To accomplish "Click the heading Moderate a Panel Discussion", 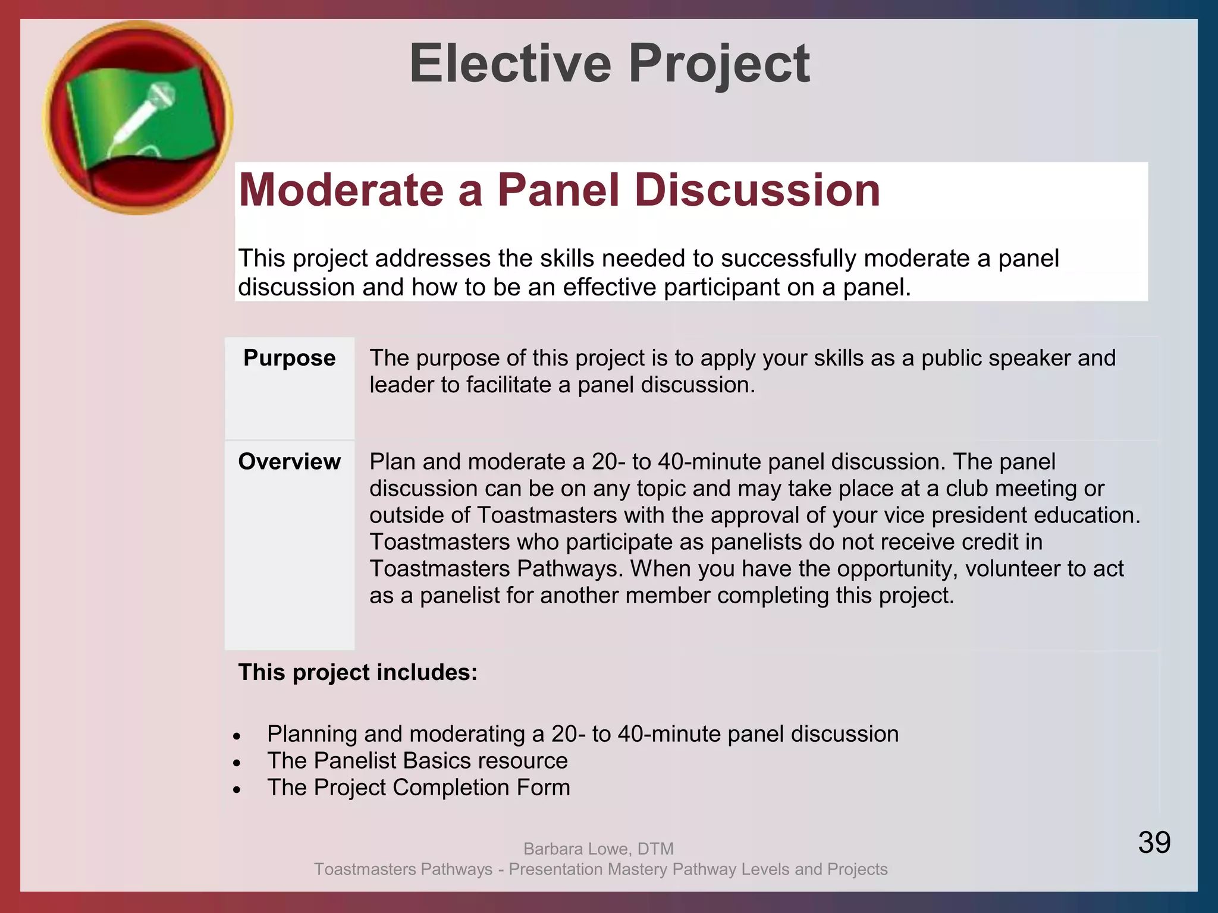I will point(559,190).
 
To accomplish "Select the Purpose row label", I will point(289,358).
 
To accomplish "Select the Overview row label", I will point(289,462).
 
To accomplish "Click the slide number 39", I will point(1154,842).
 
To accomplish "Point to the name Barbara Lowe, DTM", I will point(598,848).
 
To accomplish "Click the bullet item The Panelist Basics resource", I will point(417,761).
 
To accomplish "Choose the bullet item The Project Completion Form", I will point(418,788).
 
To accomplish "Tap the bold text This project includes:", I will point(357,672).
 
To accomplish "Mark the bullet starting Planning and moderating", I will point(582,734).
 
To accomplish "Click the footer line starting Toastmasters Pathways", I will point(601,869).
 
